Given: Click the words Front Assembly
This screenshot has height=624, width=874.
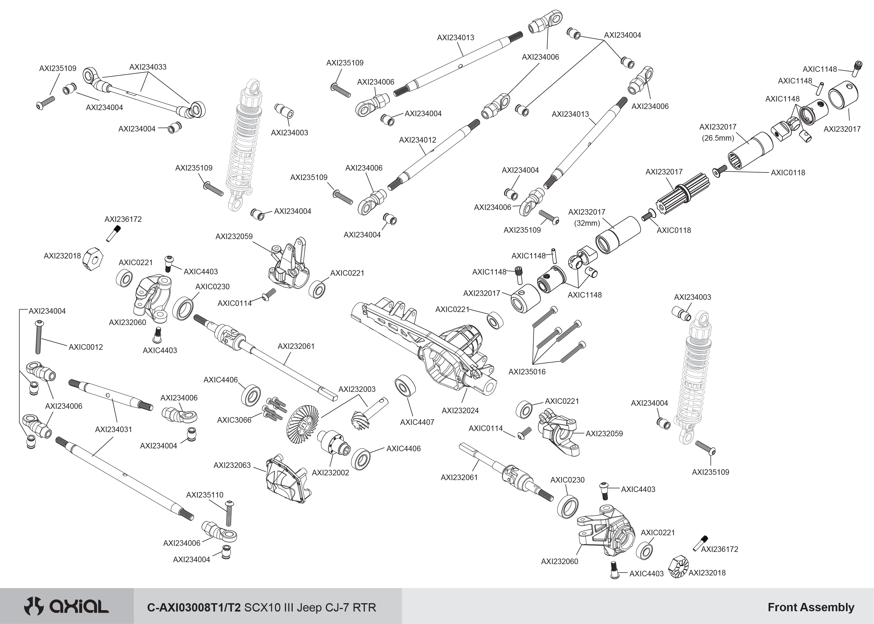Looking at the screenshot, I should click(811, 607).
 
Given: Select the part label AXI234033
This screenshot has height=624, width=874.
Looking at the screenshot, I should click(148, 67).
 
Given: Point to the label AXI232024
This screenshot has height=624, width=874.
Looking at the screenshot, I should click(460, 410).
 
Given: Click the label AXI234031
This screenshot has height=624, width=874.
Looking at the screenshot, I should click(113, 429).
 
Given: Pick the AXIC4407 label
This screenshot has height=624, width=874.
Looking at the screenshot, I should click(417, 422).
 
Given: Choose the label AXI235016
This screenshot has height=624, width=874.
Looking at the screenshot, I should click(527, 372).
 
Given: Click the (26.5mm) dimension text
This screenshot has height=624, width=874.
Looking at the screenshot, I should click(718, 138).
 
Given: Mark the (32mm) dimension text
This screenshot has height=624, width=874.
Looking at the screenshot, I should click(587, 223).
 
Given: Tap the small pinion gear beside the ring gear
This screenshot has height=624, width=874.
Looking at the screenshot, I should click(360, 419).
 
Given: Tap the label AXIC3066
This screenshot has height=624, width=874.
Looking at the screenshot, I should click(234, 420).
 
